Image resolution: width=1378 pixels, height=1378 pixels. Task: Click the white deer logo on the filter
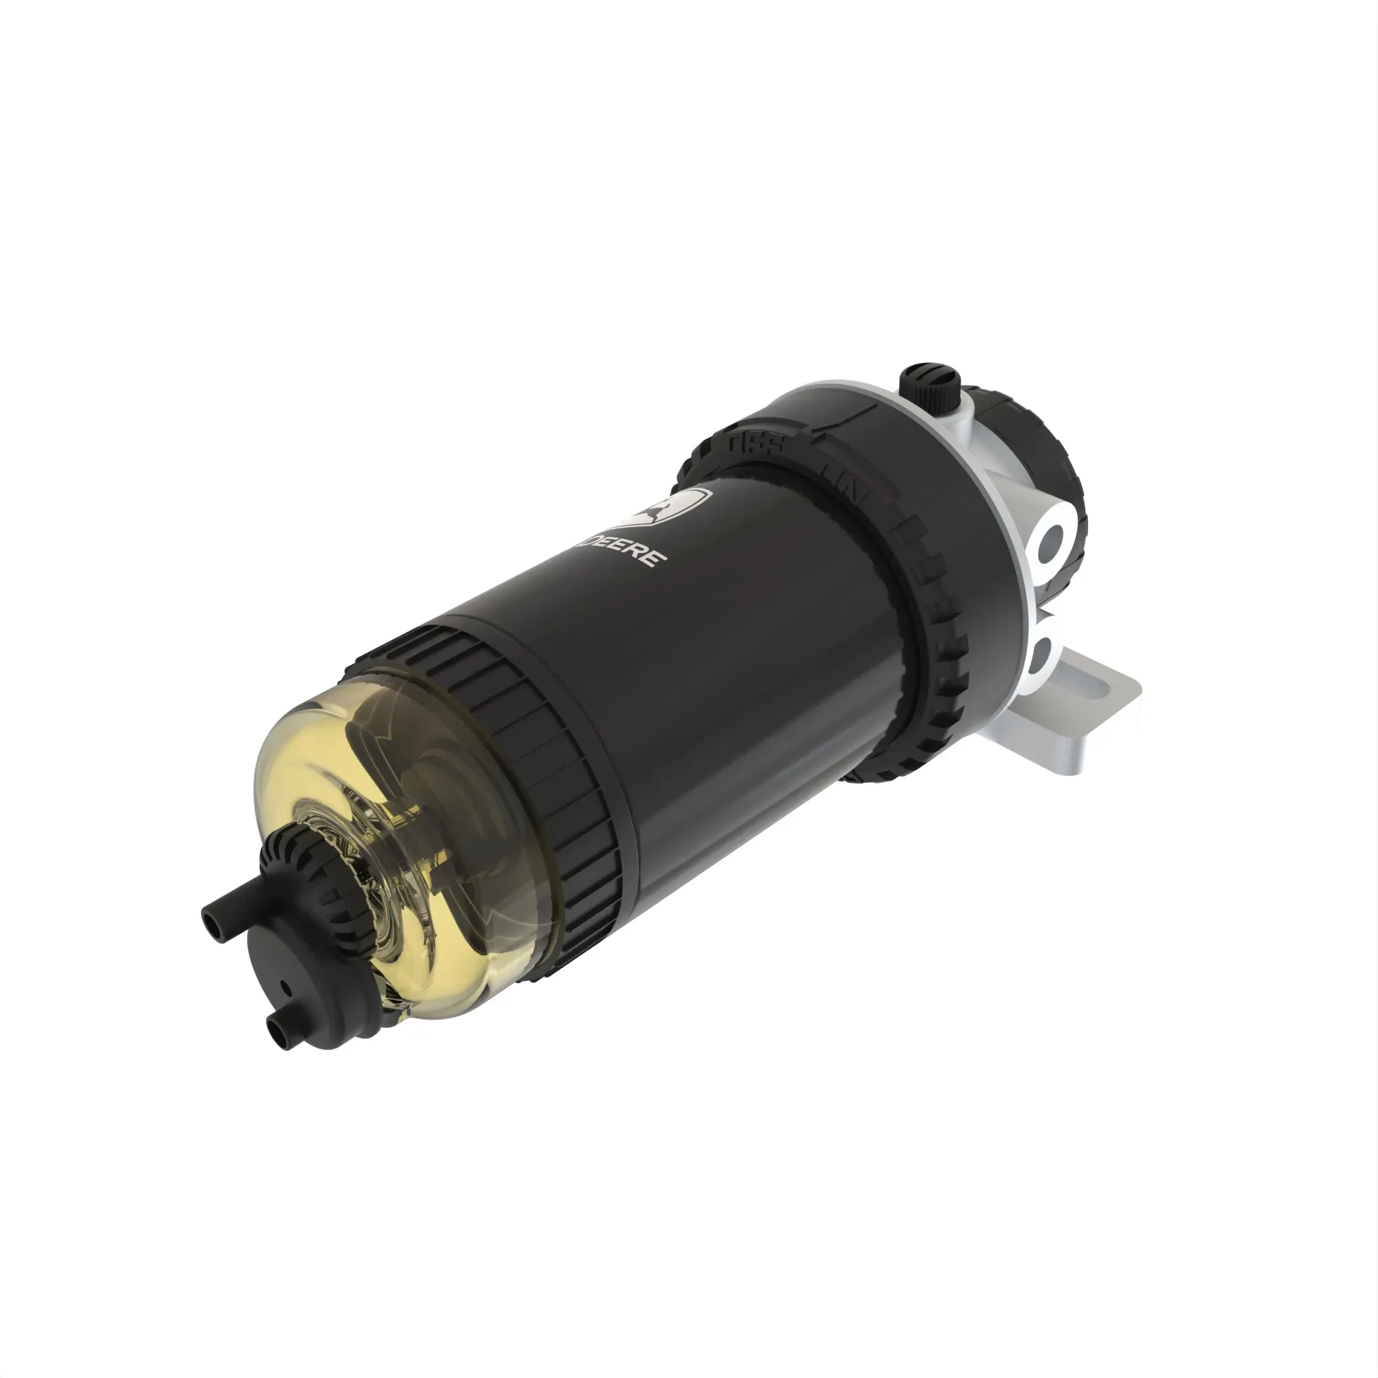671,508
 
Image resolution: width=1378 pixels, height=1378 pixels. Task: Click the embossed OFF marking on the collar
756,444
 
